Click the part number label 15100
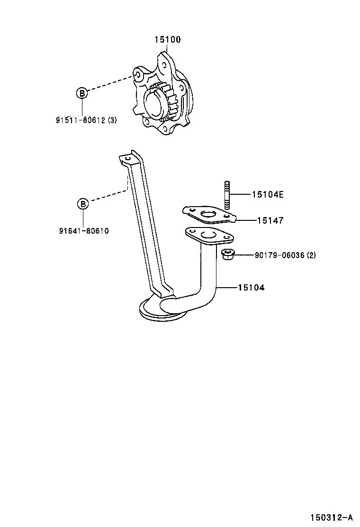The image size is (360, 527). (x=167, y=40)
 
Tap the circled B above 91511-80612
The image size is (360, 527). (x=82, y=93)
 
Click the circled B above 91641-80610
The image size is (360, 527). (x=83, y=204)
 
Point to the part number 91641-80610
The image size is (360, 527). (x=84, y=231)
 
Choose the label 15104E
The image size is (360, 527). (x=268, y=194)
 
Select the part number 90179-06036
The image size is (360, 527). (x=279, y=255)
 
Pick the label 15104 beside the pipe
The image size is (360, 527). (x=251, y=287)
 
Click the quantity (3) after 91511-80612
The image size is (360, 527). (x=112, y=120)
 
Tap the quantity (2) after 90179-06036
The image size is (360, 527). (x=311, y=255)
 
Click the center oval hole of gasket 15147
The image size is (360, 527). (x=208, y=216)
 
